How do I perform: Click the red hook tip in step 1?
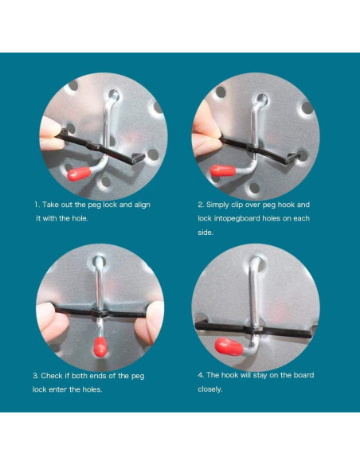tap(79, 174)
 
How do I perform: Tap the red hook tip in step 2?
tap(223, 171)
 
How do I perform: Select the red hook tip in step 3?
tap(100, 346)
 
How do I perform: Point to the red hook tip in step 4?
tap(229, 346)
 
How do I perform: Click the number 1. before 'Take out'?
tap(37, 205)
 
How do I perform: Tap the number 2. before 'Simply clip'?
tap(201, 205)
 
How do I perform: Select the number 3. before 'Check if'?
tap(36, 376)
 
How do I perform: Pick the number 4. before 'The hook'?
tap(201, 375)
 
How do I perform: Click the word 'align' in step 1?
tap(142, 205)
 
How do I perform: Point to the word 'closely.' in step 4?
tap(210, 389)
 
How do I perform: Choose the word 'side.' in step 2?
tap(205, 232)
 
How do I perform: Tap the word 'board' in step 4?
tap(303, 375)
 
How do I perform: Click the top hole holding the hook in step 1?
tap(114, 96)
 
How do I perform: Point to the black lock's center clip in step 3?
tap(100, 314)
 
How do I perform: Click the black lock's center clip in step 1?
tap(94, 147)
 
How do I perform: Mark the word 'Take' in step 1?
tap(50, 205)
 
